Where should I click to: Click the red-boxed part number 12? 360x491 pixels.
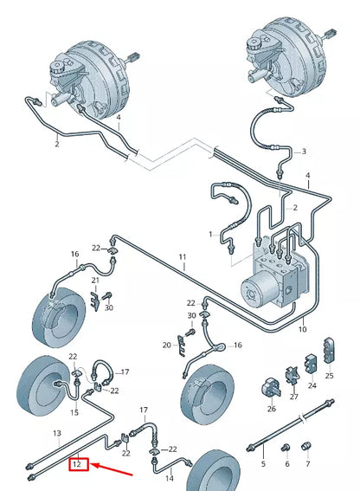[x=77, y=464]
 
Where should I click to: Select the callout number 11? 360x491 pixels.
[x=183, y=257]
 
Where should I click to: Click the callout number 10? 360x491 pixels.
[x=302, y=329]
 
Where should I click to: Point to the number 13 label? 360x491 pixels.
[x=57, y=433]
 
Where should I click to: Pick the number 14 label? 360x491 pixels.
[x=170, y=479]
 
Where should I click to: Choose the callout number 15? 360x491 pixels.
[x=74, y=412]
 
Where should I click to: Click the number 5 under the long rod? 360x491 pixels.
[x=263, y=464]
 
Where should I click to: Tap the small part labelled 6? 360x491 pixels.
[x=286, y=448]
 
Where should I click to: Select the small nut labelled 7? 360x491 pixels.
[x=306, y=446]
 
